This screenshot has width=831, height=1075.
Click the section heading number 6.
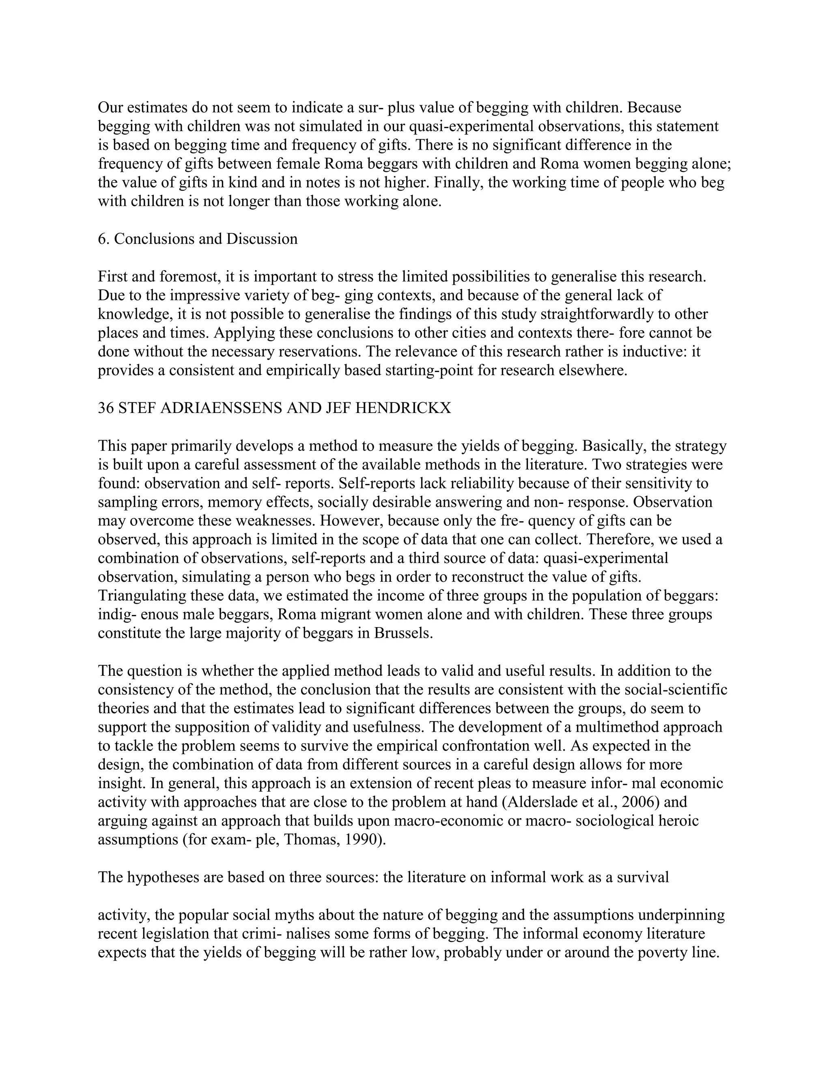pos(102,239)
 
